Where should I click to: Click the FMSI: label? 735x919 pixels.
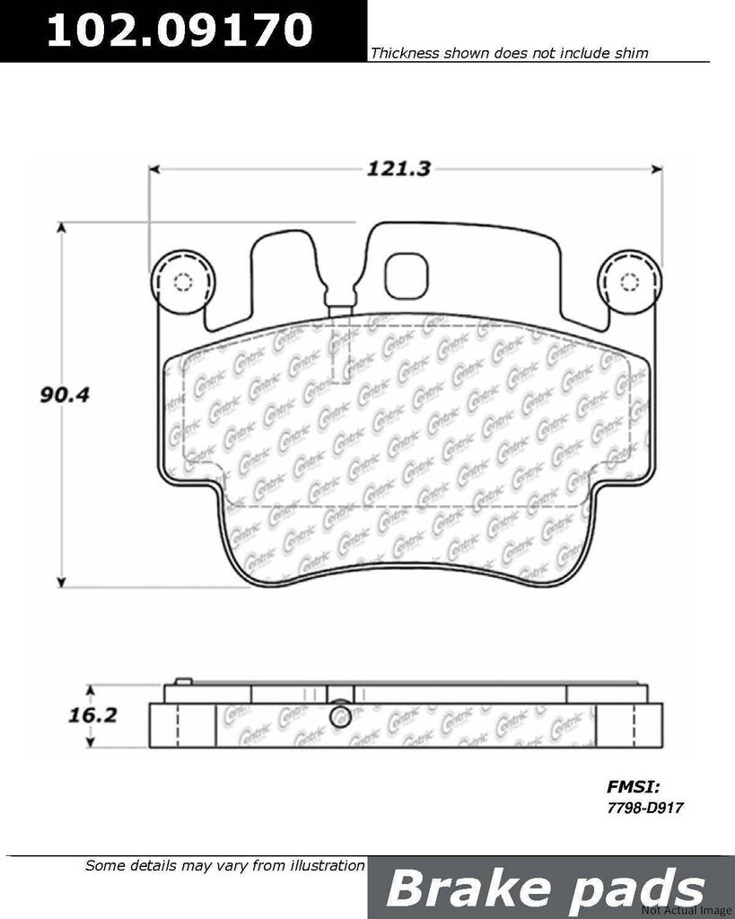click(x=634, y=787)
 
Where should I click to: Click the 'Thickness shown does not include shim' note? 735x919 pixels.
click(x=509, y=54)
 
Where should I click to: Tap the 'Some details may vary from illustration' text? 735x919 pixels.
click(x=224, y=866)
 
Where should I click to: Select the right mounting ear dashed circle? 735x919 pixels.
click(x=630, y=282)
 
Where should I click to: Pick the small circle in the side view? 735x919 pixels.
click(x=340, y=716)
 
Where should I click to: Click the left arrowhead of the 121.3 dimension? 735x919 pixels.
click(x=153, y=168)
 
